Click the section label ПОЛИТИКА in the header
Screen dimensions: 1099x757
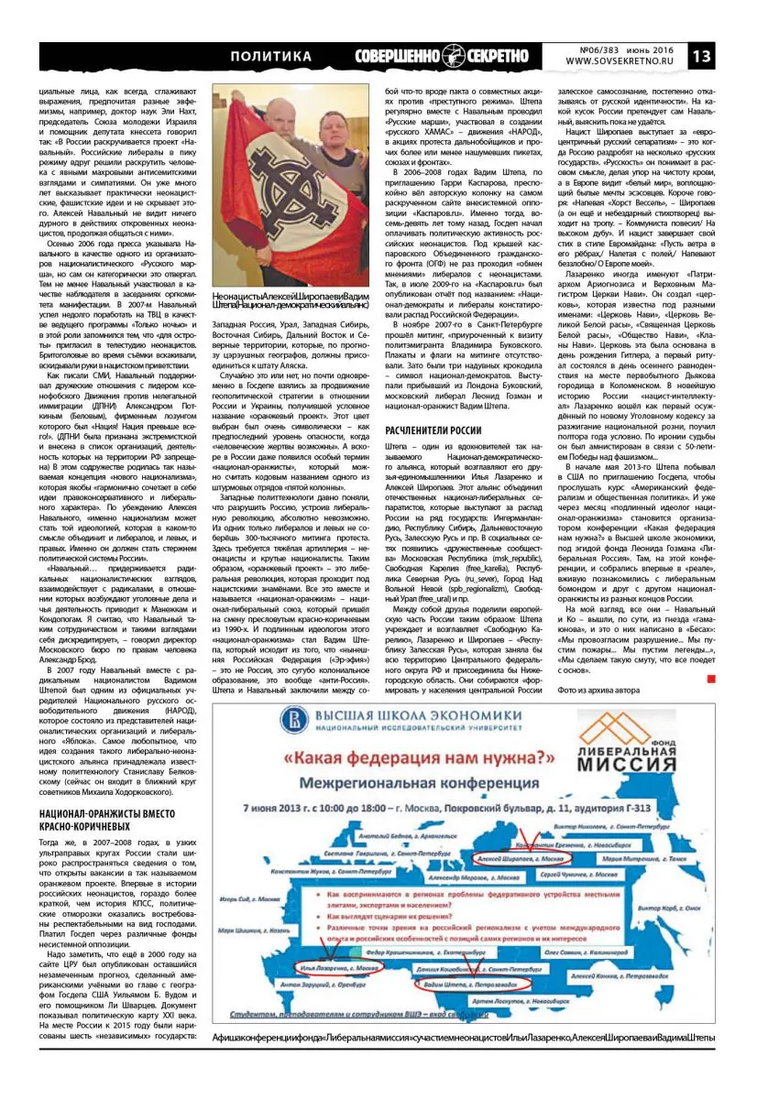(x=270, y=57)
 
